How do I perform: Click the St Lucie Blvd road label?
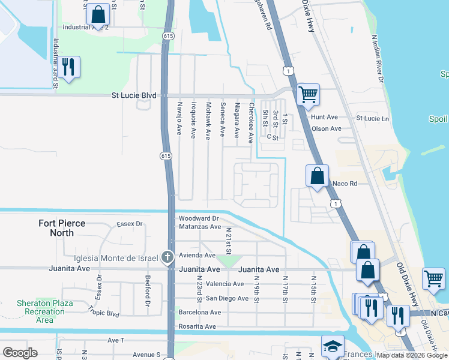pos(134,95)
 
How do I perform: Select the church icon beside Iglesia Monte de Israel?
pos(169,258)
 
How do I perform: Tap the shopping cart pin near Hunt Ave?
pos(308,94)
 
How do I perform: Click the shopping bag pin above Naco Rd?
pos(318,176)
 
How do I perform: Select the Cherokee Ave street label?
pos(251,123)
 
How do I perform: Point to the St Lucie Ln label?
pos(373,118)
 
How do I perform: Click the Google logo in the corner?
pos(20,353)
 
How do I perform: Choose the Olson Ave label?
pos(327,128)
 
